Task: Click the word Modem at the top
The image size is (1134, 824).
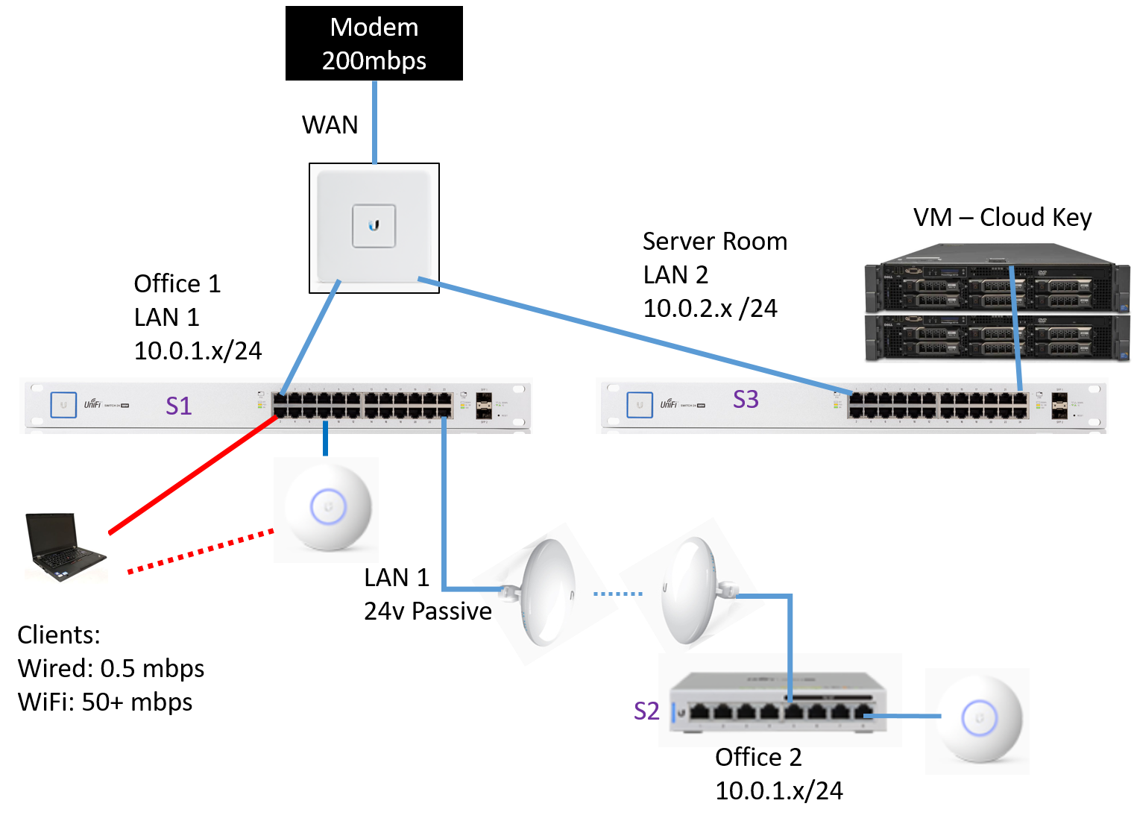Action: point(374,28)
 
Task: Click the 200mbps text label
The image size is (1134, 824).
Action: point(374,60)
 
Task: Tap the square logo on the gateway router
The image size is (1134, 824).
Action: point(374,225)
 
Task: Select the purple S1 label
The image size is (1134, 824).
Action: point(179,406)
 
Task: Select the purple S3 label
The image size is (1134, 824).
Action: point(746,400)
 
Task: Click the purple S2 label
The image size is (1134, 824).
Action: point(646,711)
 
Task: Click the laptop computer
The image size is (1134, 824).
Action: point(66,547)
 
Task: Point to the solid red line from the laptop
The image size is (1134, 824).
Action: point(194,474)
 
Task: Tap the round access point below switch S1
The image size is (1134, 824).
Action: point(327,509)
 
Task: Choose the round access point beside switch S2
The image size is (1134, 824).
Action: point(978,720)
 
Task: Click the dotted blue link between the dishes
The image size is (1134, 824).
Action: point(617,594)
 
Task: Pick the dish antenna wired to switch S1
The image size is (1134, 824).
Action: point(544,593)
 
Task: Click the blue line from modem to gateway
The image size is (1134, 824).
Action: point(374,123)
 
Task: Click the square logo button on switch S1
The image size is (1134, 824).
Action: point(63,405)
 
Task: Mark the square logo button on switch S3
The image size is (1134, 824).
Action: point(640,405)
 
